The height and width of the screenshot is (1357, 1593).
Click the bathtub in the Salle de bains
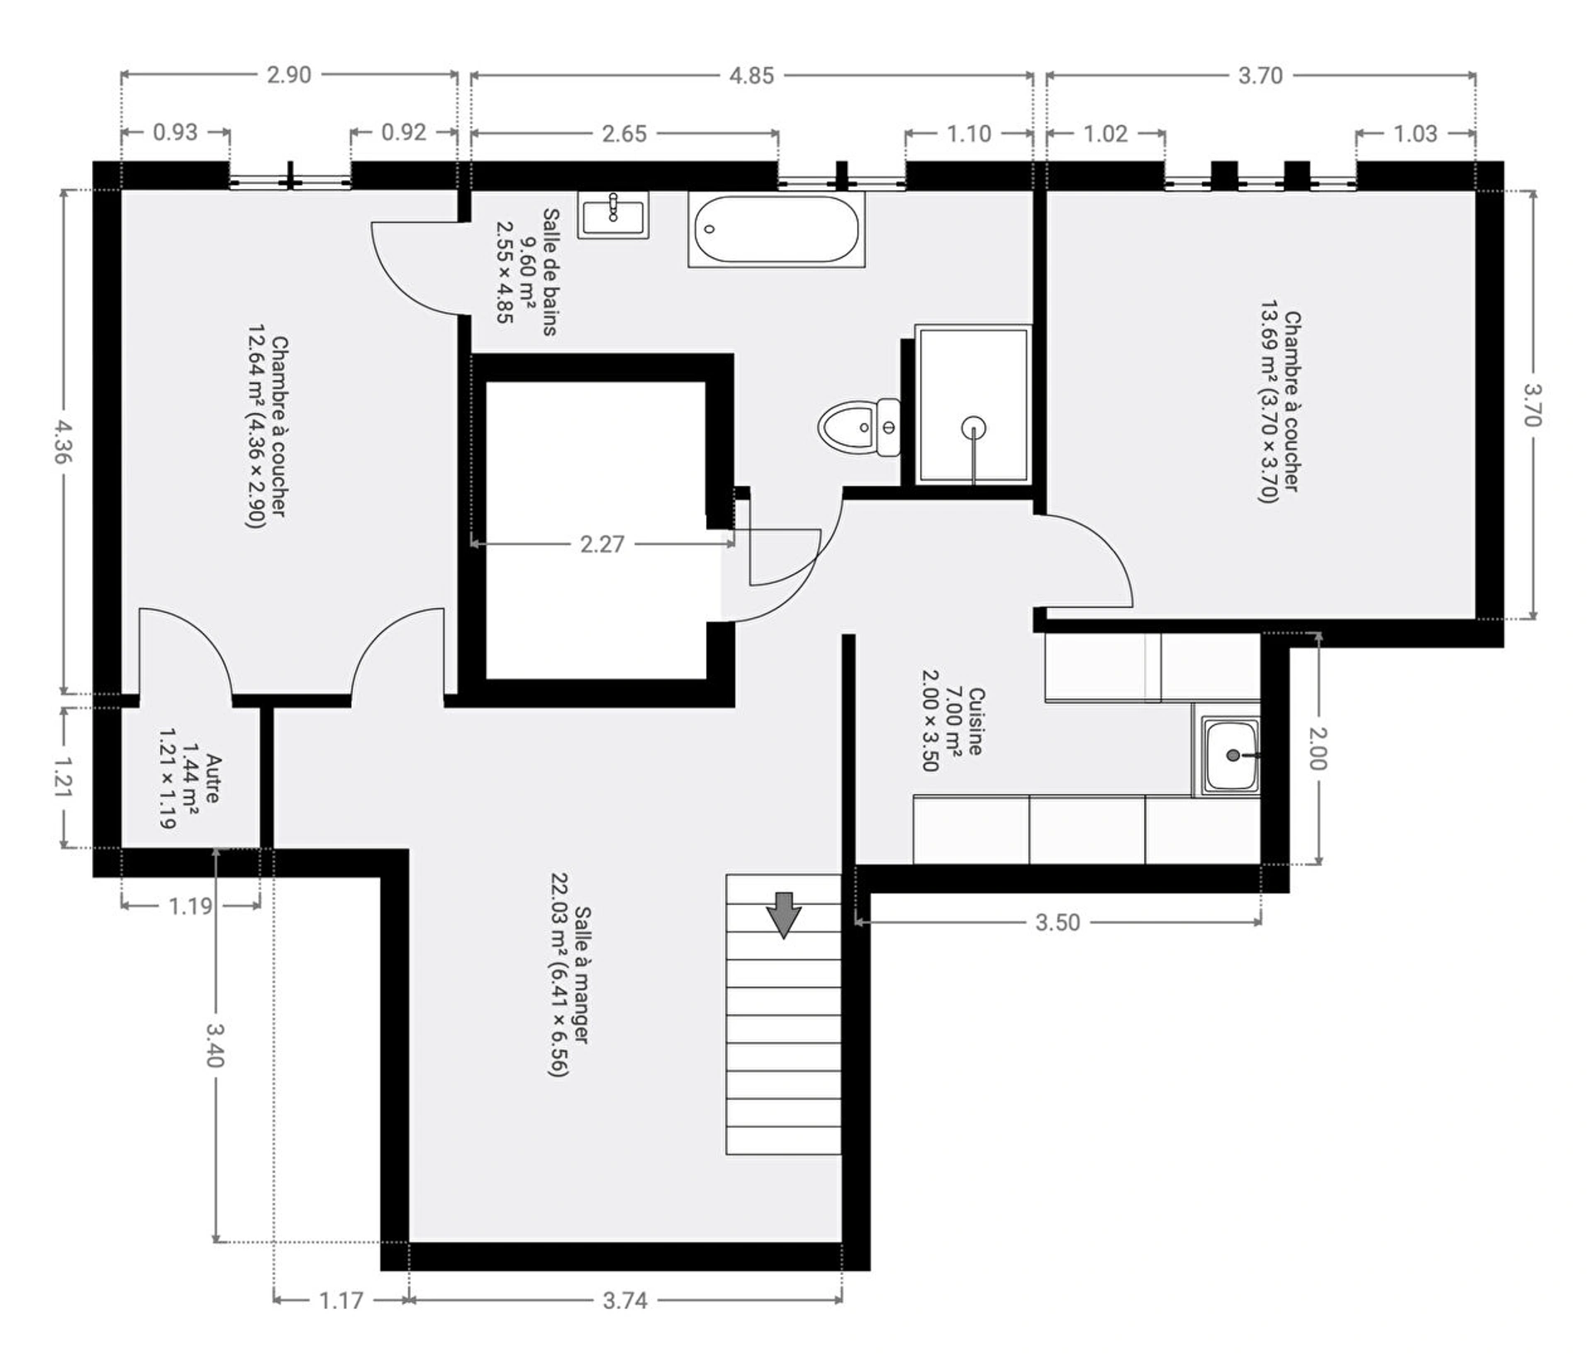(x=777, y=229)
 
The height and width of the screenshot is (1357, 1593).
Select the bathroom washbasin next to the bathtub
(x=613, y=215)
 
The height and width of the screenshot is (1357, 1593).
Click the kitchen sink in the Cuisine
(x=1231, y=755)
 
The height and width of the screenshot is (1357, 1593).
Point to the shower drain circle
(x=973, y=428)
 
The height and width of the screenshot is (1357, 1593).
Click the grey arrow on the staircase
(x=783, y=915)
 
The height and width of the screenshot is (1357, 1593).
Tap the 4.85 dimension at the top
(x=751, y=75)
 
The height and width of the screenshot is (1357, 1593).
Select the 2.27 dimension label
(x=602, y=544)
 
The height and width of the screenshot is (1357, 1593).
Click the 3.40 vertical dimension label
(x=215, y=1045)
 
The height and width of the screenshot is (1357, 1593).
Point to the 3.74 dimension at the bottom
(x=625, y=1300)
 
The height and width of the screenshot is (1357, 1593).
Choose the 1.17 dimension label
(x=341, y=1300)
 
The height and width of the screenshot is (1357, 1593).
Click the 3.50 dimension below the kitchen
(x=1058, y=922)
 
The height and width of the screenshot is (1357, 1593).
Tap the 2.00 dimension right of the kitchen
(x=1317, y=747)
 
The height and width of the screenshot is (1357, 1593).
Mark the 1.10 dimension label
(x=968, y=134)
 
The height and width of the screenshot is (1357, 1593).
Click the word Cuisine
(x=976, y=721)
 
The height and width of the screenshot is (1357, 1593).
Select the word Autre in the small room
(x=213, y=778)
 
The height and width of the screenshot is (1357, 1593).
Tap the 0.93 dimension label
(x=176, y=133)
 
